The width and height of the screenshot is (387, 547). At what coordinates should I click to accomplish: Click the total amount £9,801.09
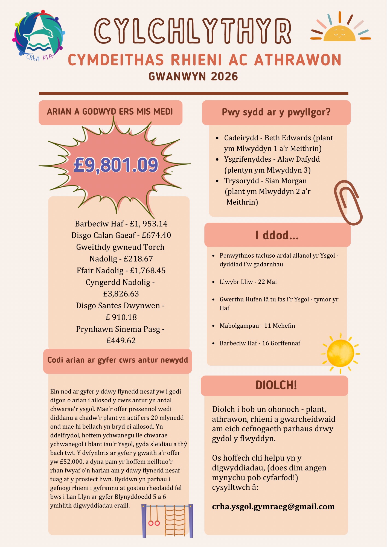116,165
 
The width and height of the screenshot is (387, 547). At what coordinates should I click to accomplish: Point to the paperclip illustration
348,202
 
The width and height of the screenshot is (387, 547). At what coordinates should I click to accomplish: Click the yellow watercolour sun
341,353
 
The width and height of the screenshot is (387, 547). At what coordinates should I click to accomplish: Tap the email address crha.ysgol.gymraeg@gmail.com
273,507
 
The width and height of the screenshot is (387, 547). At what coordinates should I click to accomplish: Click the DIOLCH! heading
276,385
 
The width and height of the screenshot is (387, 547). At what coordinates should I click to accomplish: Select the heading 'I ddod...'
277,235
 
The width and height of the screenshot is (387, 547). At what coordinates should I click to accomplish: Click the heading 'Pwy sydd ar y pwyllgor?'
276,112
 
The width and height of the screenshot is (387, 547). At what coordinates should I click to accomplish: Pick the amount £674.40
156,235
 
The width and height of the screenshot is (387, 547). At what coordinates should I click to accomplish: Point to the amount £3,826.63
121,294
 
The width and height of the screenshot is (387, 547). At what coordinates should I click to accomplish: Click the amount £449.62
121,341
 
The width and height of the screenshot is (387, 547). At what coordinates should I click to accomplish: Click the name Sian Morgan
286,181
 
